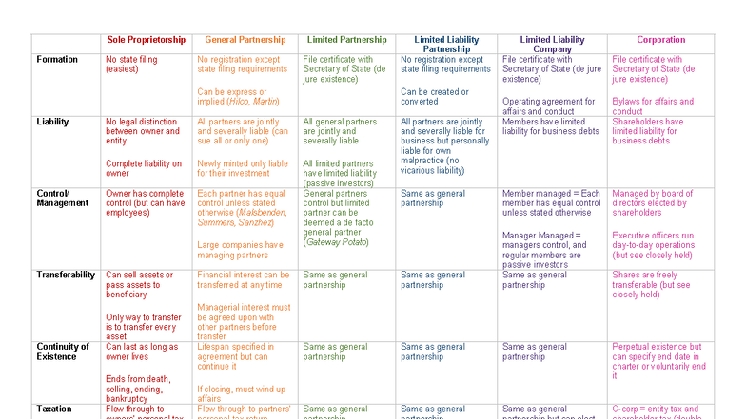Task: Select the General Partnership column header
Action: coord(245,40)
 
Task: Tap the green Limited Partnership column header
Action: coord(345,40)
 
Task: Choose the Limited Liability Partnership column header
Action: coord(446,44)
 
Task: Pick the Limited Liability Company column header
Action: coord(552,44)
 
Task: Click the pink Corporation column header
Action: coord(660,40)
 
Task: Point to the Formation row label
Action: coord(57,59)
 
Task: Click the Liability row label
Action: coord(52,122)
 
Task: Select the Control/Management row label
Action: coord(63,198)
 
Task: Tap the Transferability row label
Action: coord(66,275)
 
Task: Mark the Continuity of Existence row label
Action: coord(63,352)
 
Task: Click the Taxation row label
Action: coord(55,409)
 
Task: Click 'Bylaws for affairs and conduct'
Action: coord(653,105)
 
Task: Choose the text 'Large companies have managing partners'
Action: coord(240,249)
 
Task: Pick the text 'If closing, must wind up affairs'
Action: coord(240,393)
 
